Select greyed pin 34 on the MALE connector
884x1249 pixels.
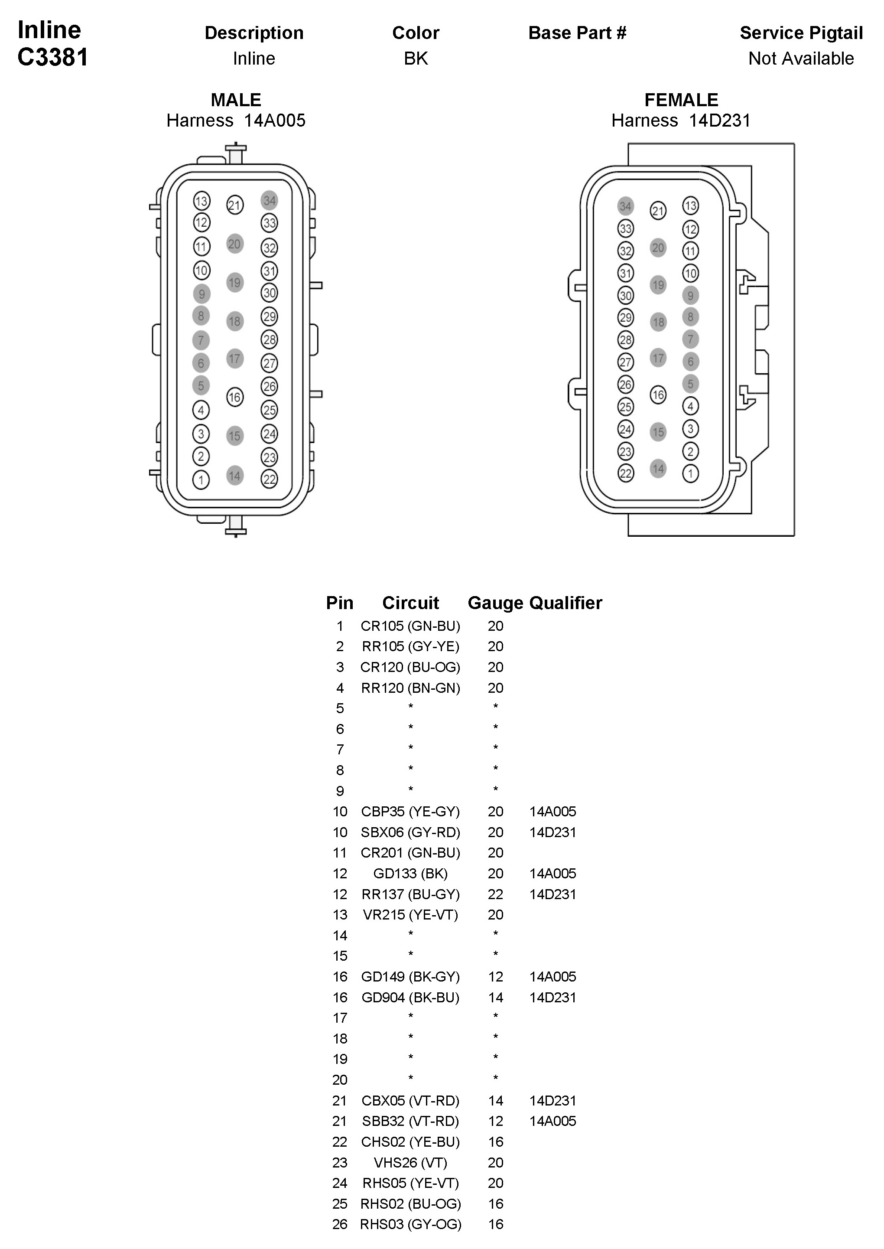(270, 200)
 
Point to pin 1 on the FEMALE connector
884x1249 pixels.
(690, 473)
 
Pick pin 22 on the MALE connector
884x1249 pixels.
(270, 479)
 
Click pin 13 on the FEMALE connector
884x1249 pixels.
(690, 206)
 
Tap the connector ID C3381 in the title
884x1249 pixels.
(53, 57)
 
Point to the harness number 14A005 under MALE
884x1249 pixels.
(274, 121)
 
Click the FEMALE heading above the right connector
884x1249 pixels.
(681, 100)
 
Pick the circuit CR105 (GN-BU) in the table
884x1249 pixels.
(410, 626)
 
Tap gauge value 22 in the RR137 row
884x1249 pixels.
(495, 894)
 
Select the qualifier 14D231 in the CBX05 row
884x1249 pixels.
(552, 1100)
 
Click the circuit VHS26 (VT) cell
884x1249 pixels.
(410, 1162)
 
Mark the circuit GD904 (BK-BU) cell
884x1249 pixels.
(410, 998)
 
